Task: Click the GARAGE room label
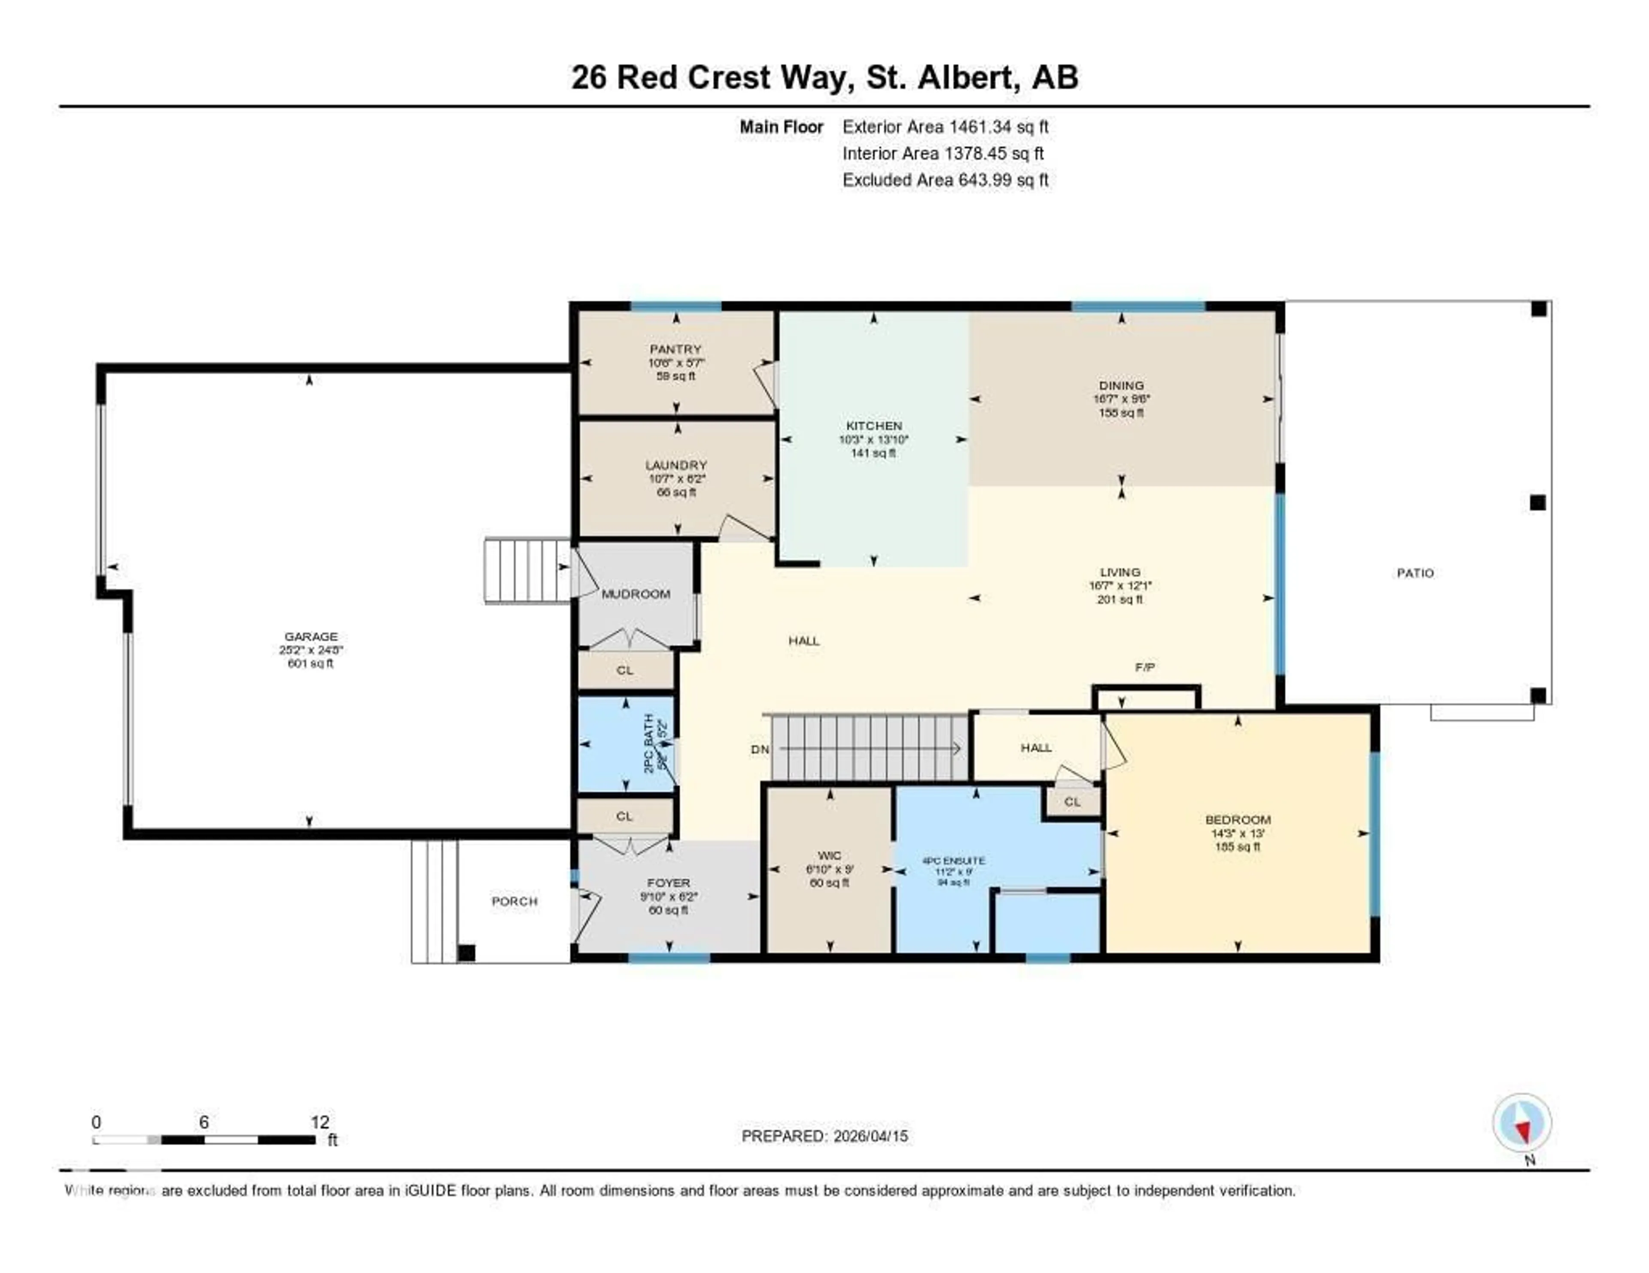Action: pyautogui.click(x=310, y=636)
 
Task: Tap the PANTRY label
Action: pyautogui.click(x=675, y=349)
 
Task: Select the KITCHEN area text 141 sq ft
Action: pyautogui.click(x=873, y=453)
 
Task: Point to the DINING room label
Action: pyautogui.click(x=1121, y=385)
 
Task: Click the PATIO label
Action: pyautogui.click(x=1415, y=573)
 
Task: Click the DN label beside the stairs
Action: pyautogui.click(x=760, y=749)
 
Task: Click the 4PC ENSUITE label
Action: pyautogui.click(x=954, y=860)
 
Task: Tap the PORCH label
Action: pyautogui.click(x=514, y=901)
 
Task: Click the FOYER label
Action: pyautogui.click(x=668, y=882)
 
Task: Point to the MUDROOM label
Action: pyautogui.click(x=636, y=594)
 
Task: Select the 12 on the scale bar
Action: pyautogui.click(x=319, y=1122)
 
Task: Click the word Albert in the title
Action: pyautogui.click(x=965, y=77)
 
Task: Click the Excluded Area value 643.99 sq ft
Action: pyautogui.click(x=1003, y=179)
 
